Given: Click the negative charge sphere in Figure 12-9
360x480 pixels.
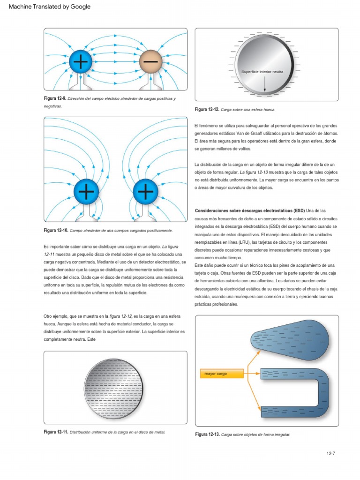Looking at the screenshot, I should pyautogui.click(x=150, y=61).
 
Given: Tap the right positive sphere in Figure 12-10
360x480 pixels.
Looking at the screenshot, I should pyautogui.click(x=146, y=191).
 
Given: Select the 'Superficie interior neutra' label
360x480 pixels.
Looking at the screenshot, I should pyautogui.click(x=262, y=71).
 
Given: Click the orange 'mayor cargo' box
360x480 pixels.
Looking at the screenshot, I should pyautogui.click(x=223, y=374).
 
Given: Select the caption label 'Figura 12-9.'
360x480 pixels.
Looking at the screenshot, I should pyautogui.click(x=55, y=99).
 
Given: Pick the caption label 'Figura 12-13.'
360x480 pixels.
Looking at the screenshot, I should pyautogui.click(x=207, y=435).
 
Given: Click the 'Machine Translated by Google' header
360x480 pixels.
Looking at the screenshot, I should pyautogui.click(x=46, y=7).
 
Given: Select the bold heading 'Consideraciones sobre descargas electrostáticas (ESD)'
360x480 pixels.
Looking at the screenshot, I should pyautogui.click(x=249, y=210).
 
